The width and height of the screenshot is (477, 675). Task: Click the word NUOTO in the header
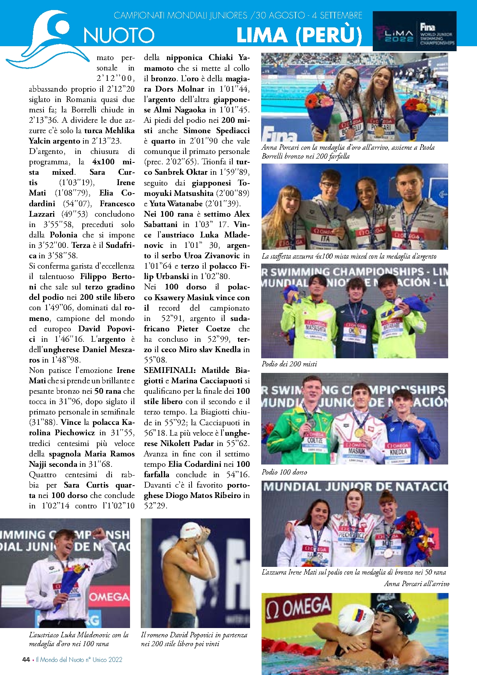119,35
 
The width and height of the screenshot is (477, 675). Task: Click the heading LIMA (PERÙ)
299,35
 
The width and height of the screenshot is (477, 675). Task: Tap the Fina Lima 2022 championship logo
415,31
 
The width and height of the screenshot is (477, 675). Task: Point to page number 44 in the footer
26,659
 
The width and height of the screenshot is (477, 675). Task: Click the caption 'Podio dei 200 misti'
289,364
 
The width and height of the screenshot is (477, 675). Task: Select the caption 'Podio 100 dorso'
284,472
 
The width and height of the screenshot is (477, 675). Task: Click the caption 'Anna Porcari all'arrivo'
416,583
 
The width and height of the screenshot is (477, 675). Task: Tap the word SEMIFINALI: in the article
170,370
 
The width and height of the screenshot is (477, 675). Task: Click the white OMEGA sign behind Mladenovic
109,596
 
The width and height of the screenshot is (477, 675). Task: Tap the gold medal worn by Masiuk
359,432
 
